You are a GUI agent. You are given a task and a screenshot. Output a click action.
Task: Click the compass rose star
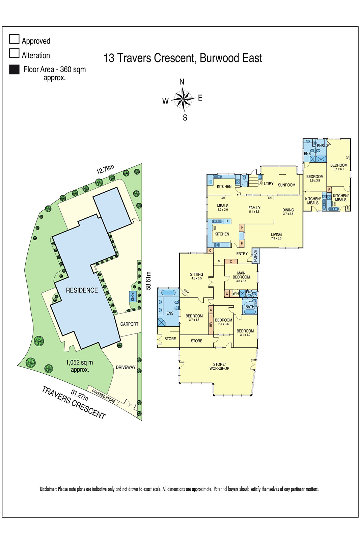[183, 99]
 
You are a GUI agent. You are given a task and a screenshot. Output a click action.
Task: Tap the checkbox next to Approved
[14, 39]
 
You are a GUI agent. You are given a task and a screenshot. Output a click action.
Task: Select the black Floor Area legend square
[14, 70]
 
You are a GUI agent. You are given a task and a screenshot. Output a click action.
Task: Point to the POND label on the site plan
[132, 297]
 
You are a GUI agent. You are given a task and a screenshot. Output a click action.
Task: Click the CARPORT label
[129, 324]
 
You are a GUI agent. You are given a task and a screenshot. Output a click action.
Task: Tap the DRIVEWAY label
[126, 367]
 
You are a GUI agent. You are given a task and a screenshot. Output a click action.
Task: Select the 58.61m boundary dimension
[148, 280]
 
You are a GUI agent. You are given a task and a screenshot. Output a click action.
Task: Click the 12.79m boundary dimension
[105, 169]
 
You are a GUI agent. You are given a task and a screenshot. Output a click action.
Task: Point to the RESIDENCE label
[82, 290]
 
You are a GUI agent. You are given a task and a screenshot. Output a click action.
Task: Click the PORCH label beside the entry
[255, 255]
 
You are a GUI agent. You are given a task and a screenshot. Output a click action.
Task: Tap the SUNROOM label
[286, 185]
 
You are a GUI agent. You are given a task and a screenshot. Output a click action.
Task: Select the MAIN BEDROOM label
[241, 275]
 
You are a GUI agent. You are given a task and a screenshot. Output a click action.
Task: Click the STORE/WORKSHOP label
[219, 366]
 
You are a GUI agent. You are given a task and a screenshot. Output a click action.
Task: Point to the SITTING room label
[196, 274]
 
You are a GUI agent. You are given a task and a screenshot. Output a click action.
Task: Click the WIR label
[236, 293]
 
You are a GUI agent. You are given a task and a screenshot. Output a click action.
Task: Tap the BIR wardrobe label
[211, 324]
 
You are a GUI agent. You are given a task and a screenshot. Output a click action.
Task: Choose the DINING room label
[288, 210]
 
